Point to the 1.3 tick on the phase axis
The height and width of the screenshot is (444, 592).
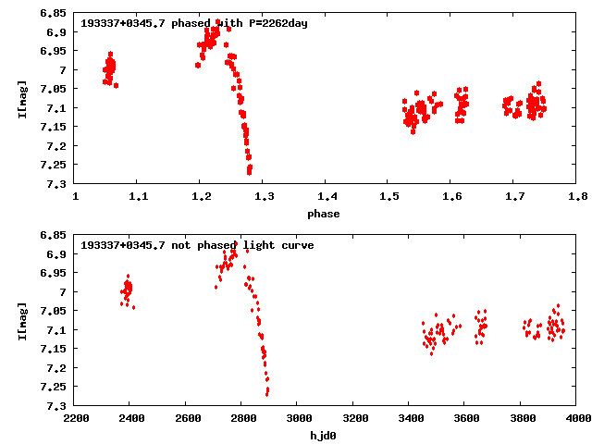(264, 197)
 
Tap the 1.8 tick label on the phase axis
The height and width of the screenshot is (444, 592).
(578, 197)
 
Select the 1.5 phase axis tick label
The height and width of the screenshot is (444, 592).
(389, 197)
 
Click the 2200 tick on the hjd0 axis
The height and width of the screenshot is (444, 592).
(76, 419)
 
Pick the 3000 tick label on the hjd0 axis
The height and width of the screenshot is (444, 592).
(296, 419)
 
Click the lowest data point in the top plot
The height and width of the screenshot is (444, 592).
(249, 172)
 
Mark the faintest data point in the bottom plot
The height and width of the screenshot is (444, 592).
(266, 395)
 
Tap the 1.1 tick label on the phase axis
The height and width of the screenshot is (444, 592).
(139, 197)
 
